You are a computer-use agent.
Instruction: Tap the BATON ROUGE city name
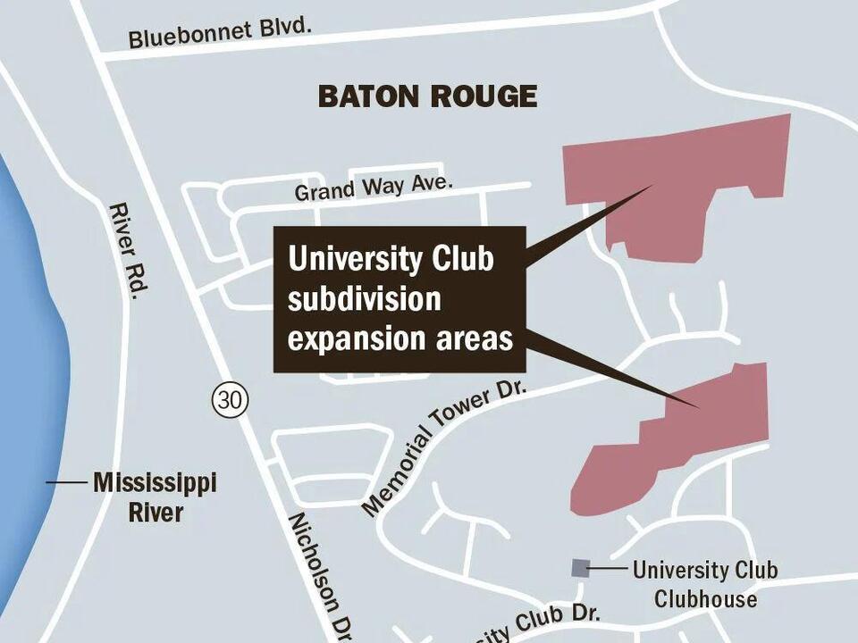click(x=427, y=96)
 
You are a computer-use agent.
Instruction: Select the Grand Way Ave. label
click(x=374, y=188)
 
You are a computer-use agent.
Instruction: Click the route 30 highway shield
click(x=229, y=400)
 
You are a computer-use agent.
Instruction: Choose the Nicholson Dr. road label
click(x=319, y=572)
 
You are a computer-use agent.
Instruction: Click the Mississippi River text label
click(x=154, y=497)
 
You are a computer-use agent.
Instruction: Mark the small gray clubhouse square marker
click(x=580, y=567)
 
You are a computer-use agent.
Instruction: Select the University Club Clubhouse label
click(x=704, y=583)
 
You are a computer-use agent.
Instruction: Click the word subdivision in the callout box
click(x=364, y=299)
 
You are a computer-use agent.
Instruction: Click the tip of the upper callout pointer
click(x=653, y=187)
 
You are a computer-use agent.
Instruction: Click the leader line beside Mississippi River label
click(x=66, y=483)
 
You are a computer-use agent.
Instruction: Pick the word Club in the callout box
click(x=455, y=259)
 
